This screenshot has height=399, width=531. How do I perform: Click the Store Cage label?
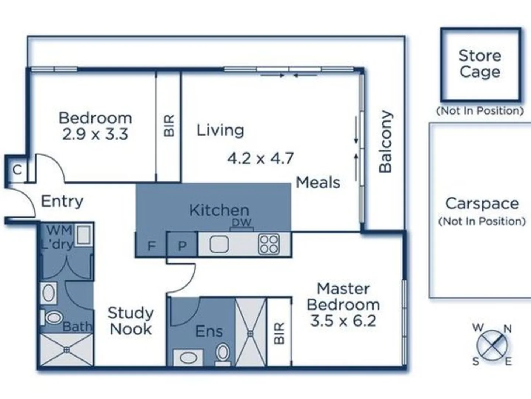click(x=480, y=64)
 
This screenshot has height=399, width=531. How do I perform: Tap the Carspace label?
click(x=482, y=204)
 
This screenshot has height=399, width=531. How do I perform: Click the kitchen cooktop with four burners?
click(x=269, y=244)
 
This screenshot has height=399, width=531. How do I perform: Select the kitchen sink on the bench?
click(x=219, y=244)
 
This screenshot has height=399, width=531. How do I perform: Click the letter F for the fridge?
click(x=151, y=246)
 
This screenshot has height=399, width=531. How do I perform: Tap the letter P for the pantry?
click(x=182, y=246)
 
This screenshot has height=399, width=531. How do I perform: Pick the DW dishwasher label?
click(x=242, y=222)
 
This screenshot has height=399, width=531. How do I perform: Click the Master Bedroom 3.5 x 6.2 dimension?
click(x=343, y=321)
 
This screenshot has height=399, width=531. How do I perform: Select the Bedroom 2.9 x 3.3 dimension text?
click(x=95, y=134)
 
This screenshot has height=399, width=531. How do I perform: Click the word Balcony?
click(x=386, y=141)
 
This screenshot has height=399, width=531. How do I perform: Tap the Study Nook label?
click(x=131, y=321)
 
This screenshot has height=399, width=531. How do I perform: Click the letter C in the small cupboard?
click(x=17, y=170)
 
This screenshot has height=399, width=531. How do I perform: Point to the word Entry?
click(x=62, y=201)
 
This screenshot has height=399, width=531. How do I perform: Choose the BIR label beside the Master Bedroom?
click(x=280, y=333)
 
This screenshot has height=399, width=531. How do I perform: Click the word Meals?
click(x=318, y=183)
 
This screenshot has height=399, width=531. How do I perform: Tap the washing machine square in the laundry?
click(x=83, y=235)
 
